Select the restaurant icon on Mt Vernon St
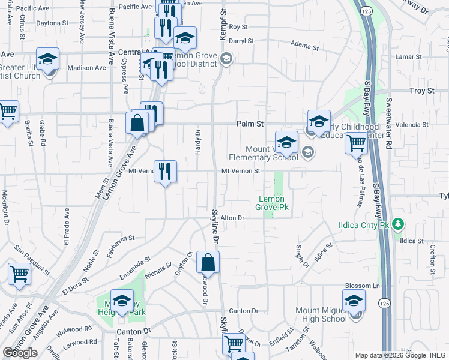(165, 171)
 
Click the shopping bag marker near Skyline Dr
(208, 263)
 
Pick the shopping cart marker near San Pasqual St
(20, 274)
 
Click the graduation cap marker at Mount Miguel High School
(354, 301)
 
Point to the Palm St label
(252, 124)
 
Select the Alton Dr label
(233, 218)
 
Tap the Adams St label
(303, 44)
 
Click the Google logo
(20, 352)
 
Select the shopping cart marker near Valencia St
(356, 143)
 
